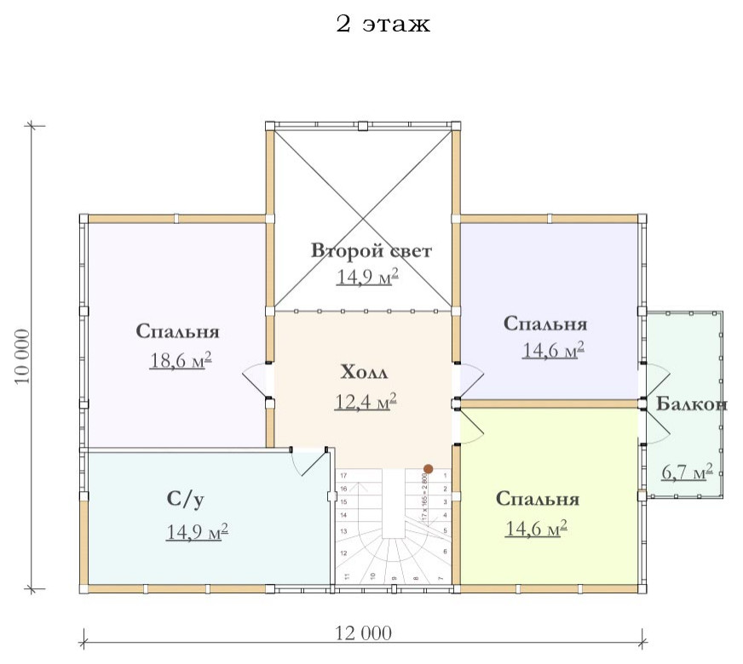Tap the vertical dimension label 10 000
tap(23, 356)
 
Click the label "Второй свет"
tap(371, 251)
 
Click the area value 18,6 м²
tap(181, 360)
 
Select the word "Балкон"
tap(692, 404)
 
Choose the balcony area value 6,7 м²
tap(687, 472)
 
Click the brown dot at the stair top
tap(429, 468)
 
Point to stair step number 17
tap(343, 475)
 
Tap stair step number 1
tap(446, 475)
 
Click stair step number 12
tap(343, 554)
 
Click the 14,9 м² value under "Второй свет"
tap(367, 278)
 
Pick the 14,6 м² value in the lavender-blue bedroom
tap(552, 350)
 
